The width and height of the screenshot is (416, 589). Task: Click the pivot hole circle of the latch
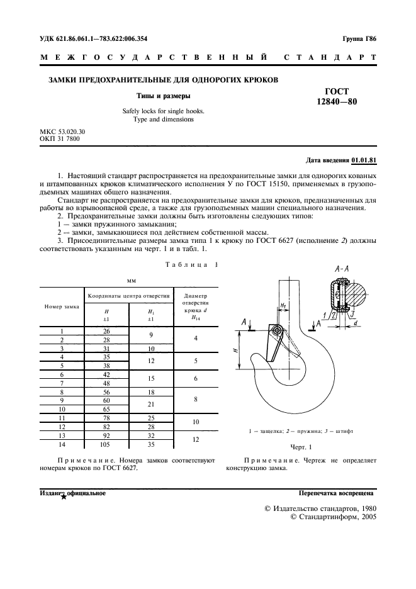point(274,331)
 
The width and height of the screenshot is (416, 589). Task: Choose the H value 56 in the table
point(106,391)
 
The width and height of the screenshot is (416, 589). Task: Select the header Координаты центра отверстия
point(128,294)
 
